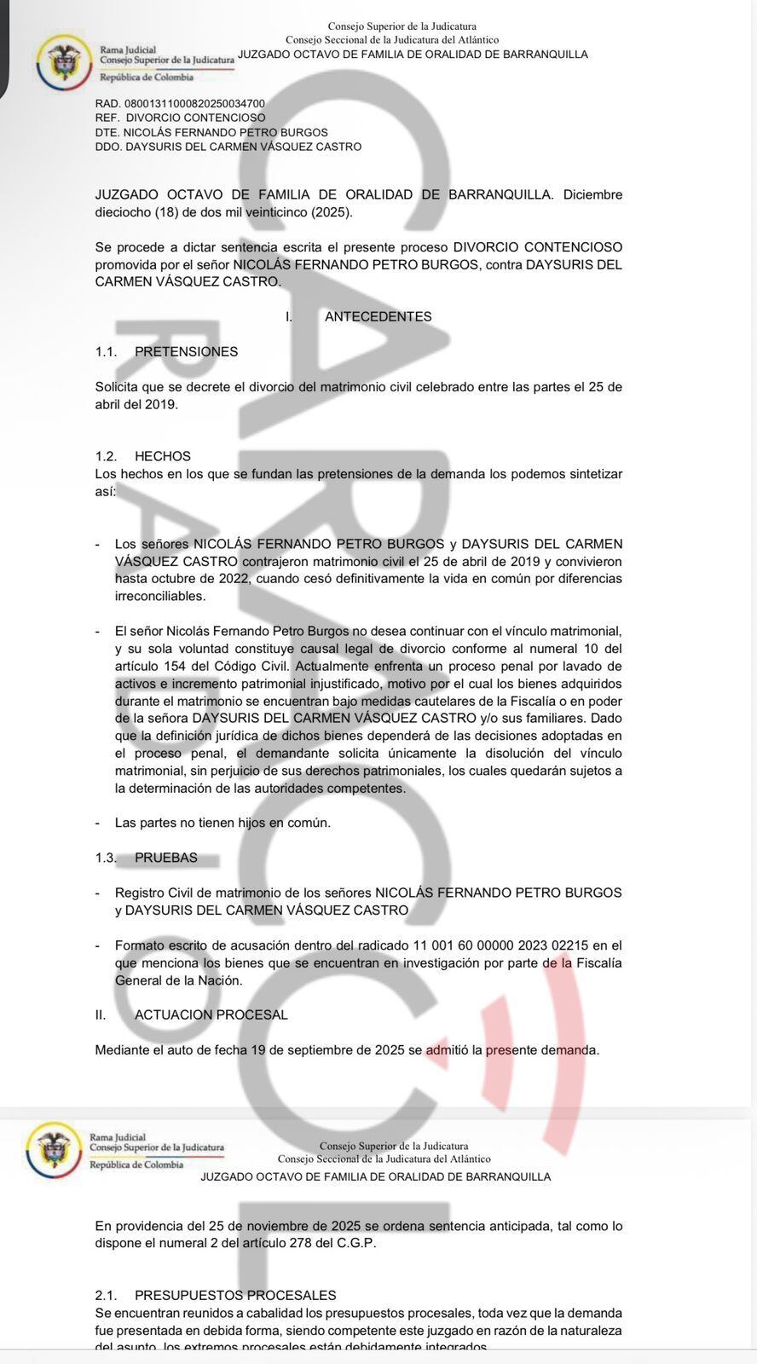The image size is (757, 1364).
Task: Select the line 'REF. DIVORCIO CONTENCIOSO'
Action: coord(180,118)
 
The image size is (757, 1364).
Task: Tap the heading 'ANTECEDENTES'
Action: coord(378,316)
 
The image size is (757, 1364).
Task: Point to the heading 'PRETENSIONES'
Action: coord(186,351)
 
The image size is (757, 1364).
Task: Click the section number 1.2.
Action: coord(106,456)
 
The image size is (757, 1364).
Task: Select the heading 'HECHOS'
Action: coord(162,456)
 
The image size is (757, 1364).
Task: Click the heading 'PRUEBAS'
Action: coord(165,858)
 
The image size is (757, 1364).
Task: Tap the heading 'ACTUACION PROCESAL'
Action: coord(211,1014)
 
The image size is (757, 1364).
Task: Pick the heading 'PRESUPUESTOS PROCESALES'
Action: coord(235,1295)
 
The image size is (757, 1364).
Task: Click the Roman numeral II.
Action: coord(101,1014)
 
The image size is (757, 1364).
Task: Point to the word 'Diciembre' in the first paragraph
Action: coord(592,194)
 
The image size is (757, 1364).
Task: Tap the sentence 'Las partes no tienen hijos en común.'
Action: coord(222,823)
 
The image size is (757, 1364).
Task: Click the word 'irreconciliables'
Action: coord(160,596)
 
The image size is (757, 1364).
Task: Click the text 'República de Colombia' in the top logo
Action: coord(146,78)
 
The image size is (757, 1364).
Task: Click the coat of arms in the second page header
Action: coord(54,1150)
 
